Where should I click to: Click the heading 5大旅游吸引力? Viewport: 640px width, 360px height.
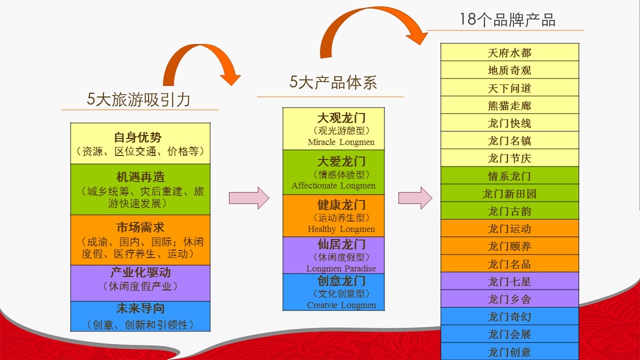(x=138, y=99)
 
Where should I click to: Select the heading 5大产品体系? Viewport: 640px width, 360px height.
(x=333, y=82)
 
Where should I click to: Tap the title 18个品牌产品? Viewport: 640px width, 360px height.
(x=507, y=20)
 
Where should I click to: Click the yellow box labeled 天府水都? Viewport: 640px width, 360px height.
(x=509, y=52)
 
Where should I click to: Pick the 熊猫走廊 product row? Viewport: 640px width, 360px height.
(x=509, y=105)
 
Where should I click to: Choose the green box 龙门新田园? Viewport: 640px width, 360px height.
(x=509, y=193)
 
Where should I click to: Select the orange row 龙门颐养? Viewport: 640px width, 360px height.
(x=509, y=245)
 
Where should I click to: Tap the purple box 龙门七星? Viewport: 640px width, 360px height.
(x=509, y=281)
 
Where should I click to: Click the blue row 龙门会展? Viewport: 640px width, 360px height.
(x=509, y=333)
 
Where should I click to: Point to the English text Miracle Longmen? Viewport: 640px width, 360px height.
(x=341, y=142)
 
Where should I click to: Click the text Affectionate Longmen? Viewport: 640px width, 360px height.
(x=333, y=185)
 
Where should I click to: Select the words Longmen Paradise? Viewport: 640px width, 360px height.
(x=341, y=268)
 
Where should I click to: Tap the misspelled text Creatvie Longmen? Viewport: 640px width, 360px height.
(x=341, y=305)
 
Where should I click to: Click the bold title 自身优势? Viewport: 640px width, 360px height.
(x=137, y=137)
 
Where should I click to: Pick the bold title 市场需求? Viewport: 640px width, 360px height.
(x=140, y=227)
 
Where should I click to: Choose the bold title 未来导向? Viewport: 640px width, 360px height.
(x=140, y=308)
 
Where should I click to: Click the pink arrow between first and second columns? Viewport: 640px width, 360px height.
(x=249, y=198)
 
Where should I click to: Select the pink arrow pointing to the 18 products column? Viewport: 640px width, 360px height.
(x=415, y=198)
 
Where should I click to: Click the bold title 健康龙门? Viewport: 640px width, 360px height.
(x=341, y=205)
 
